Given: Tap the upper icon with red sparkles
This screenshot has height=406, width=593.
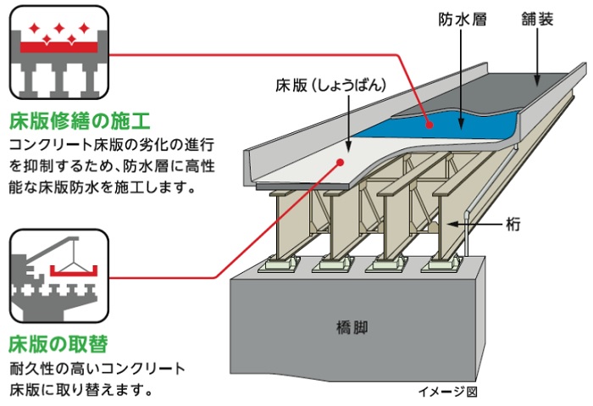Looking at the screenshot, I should tap(59, 53).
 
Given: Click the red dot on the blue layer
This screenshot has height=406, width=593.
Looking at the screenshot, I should tap(430, 125).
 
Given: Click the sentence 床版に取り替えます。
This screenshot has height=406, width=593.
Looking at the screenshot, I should tap(80, 391).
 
